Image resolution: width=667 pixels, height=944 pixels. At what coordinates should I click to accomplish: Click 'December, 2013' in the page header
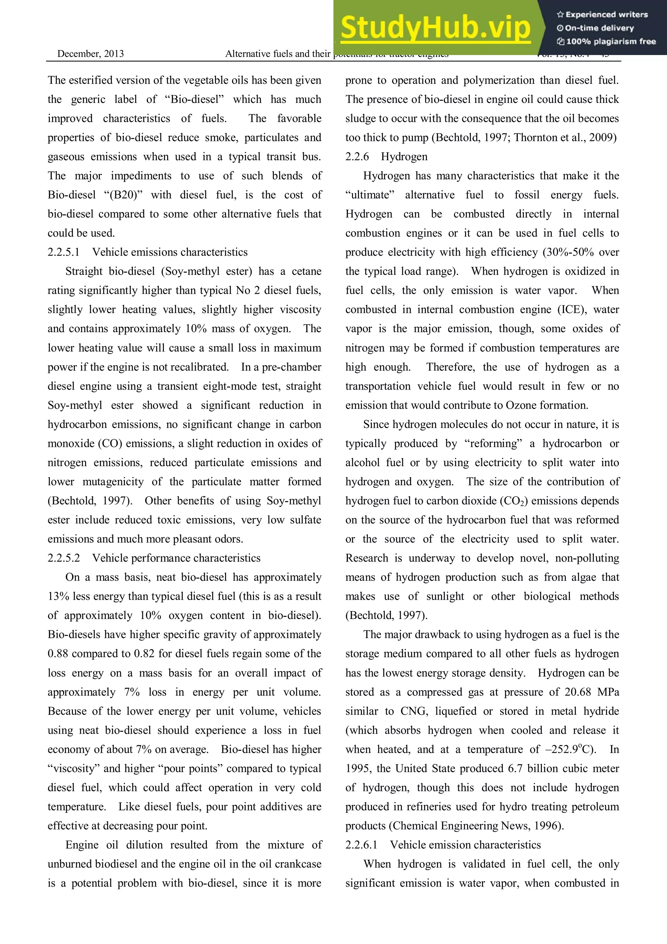(91, 54)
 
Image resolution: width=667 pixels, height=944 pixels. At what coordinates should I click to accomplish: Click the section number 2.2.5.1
(64, 252)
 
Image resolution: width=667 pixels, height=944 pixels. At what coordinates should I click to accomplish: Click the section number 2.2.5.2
(64, 558)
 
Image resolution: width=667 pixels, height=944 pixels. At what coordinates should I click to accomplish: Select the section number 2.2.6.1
(361, 845)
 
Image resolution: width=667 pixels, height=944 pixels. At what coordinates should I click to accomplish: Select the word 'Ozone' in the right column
(521, 406)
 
